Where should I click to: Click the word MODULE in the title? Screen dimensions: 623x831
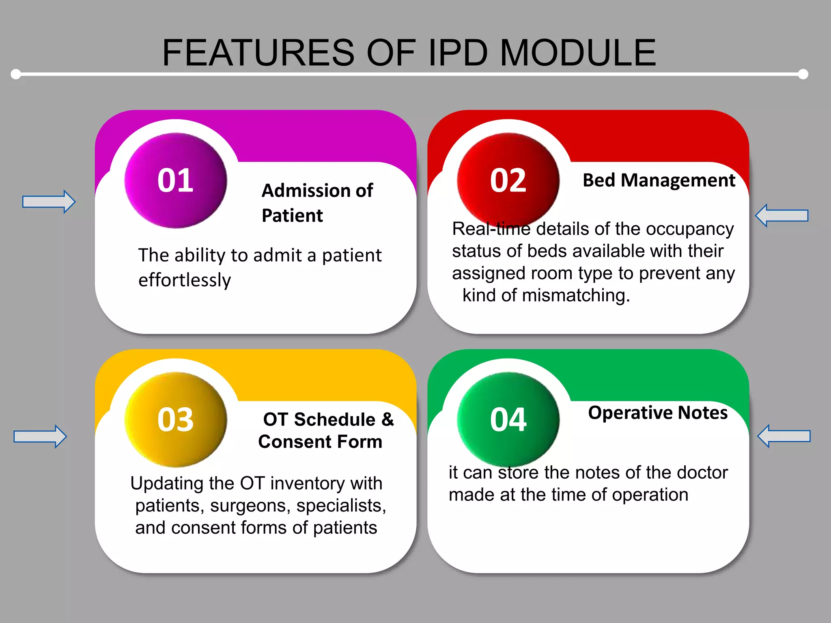[578, 53]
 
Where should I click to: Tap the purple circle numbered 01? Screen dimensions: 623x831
[176, 180]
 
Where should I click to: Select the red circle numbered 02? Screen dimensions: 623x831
[508, 180]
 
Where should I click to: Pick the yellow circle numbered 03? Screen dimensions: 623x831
[176, 420]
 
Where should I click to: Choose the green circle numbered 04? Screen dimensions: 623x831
[508, 420]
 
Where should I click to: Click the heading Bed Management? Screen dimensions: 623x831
[659, 180]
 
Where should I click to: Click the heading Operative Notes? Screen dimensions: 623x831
[658, 413]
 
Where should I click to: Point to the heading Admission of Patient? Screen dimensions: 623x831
[317, 203]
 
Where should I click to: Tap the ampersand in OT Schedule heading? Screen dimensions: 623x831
[388, 419]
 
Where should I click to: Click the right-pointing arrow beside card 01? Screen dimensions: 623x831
[49, 202]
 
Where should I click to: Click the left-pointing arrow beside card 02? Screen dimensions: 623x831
[781, 215]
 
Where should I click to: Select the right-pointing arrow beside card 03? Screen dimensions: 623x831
[40, 436]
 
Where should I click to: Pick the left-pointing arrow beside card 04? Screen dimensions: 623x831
[784, 436]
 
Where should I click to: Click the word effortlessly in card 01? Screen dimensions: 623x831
[185, 280]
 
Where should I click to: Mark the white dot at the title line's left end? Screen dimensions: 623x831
[16, 74]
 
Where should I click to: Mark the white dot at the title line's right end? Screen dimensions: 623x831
[803, 74]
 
